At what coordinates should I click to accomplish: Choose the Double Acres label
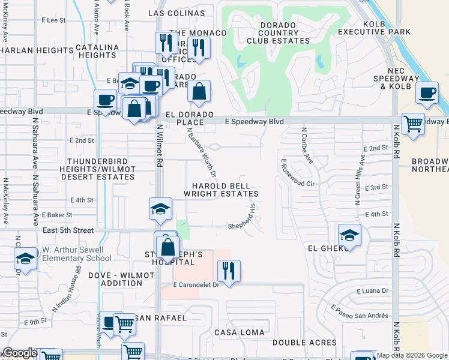(x=304, y=343)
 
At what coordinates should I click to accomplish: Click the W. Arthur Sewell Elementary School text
(x=76, y=254)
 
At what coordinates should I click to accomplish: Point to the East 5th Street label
(x=68, y=230)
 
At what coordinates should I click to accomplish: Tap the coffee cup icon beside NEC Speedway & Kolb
(x=427, y=93)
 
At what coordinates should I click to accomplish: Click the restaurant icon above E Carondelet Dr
(x=229, y=271)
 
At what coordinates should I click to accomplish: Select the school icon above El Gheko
(x=349, y=235)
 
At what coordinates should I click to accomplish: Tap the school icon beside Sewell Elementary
(x=26, y=258)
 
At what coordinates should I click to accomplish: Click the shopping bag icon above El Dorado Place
(x=199, y=91)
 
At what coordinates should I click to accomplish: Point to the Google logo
(x=20, y=353)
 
